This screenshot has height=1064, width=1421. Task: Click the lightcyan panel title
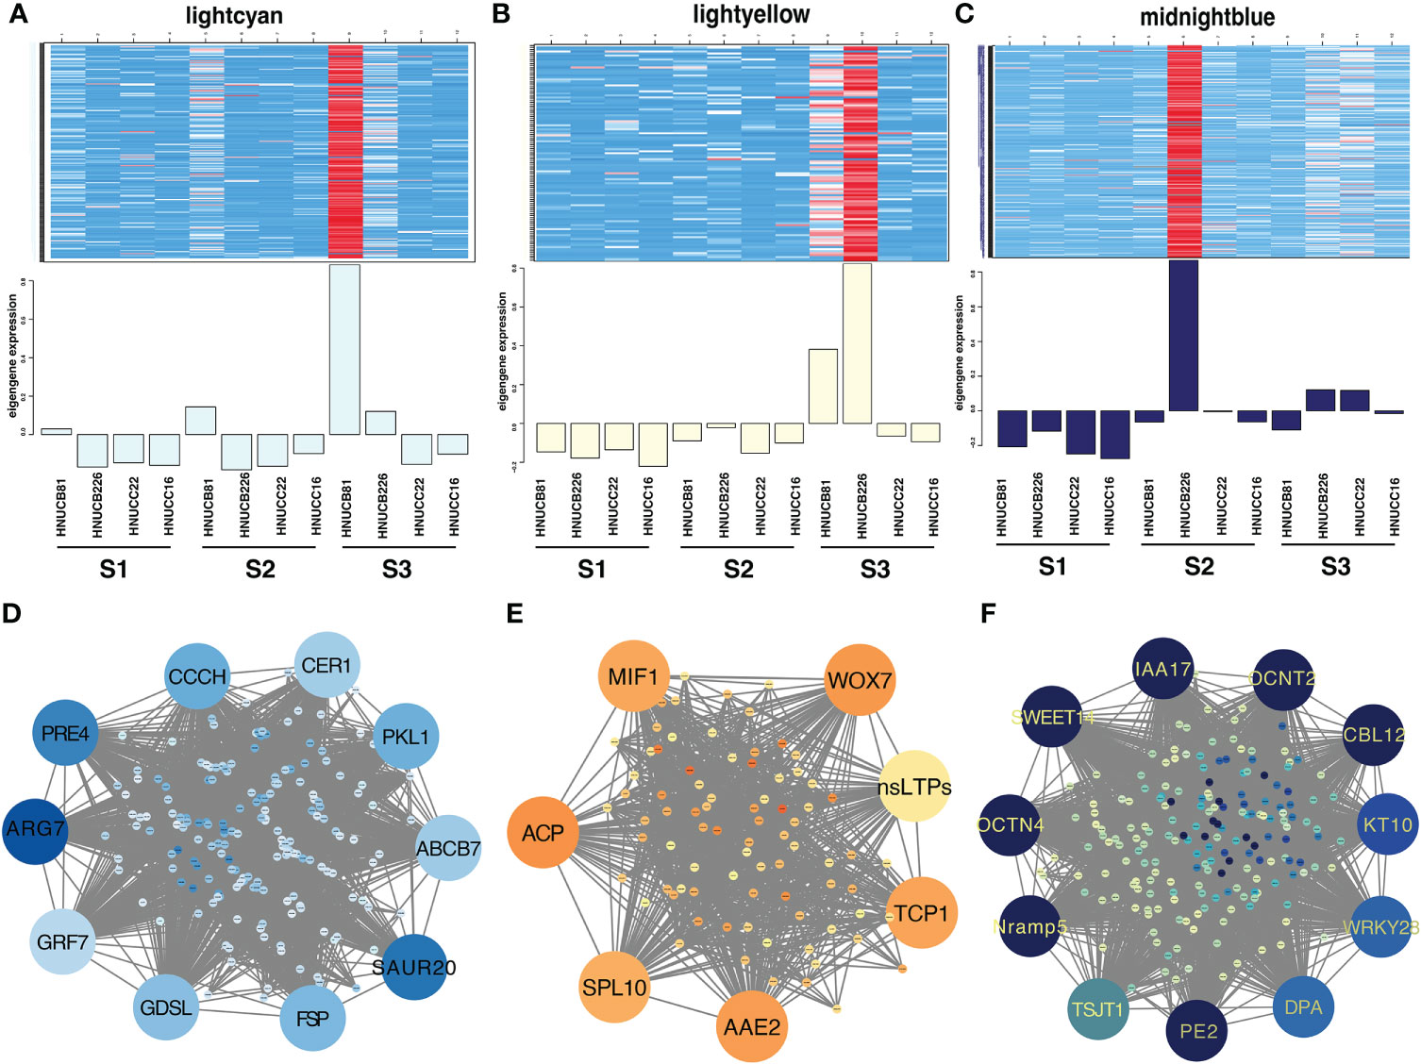(233, 16)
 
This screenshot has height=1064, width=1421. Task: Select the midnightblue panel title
(1207, 17)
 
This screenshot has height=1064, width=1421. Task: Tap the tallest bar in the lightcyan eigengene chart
(344, 349)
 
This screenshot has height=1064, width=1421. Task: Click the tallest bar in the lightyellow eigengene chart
(858, 343)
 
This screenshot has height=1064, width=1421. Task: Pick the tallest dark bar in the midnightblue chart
(1183, 335)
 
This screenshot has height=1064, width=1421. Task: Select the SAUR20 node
(414, 967)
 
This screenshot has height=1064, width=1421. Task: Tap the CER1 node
(326, 665)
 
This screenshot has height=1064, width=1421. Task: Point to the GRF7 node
(63, 941)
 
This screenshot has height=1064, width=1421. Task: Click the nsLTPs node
(913, 787)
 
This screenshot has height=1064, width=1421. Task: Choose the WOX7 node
(859, 680)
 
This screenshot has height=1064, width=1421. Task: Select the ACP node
(543, 833)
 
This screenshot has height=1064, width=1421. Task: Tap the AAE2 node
(751, 1026)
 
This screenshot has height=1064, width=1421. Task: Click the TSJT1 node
(1098, 1009)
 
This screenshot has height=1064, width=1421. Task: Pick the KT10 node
(1388, 824)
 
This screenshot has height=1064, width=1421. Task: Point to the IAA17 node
(1162, 670)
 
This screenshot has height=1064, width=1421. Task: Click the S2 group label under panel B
(738, 570)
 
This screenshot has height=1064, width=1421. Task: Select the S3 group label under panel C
(1335, 567)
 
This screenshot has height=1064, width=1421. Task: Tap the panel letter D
(11, 614)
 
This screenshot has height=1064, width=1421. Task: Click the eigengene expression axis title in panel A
(13, 356)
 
